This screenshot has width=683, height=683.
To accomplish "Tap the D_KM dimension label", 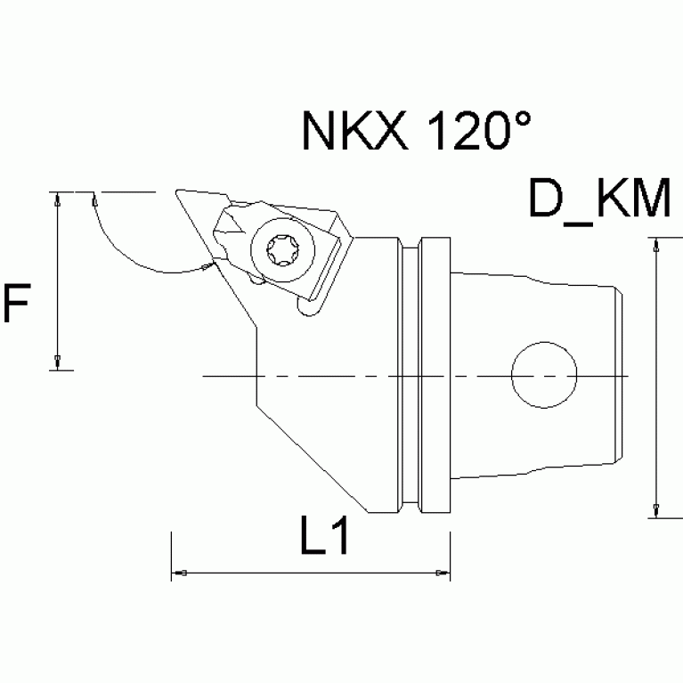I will click(x=599, y=200).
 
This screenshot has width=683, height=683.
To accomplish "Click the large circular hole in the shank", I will click(x=543, y=376).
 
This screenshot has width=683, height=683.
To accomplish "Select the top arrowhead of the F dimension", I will click(x=58, y=199).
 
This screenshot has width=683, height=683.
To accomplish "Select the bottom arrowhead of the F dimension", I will click(x=58, y=361).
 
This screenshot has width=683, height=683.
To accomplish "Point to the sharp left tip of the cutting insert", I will click(x=178, y=191).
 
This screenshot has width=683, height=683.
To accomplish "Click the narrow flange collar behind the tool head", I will click(x=435, y=374).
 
